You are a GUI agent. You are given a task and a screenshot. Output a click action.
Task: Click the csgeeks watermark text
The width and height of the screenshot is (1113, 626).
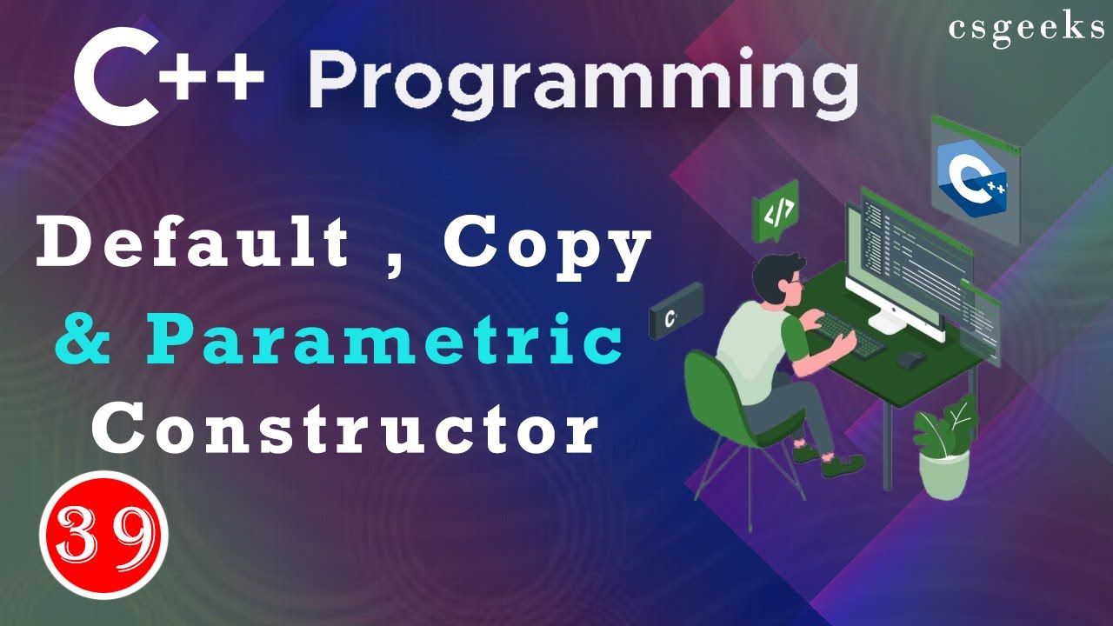[x=1027, y=28]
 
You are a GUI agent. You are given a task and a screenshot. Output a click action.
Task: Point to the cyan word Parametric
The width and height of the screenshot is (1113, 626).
[x=383, y=342]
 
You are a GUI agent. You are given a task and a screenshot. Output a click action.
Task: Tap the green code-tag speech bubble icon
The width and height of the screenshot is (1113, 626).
[x=775, y=214]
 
